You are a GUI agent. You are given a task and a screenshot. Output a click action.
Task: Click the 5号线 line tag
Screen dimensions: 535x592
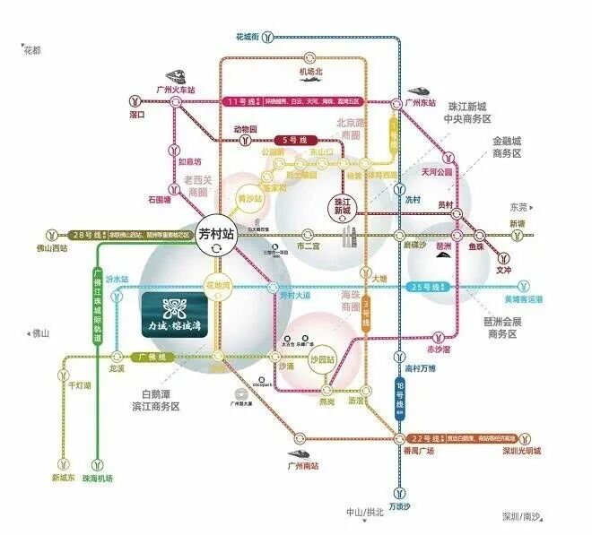coord(294,141)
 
